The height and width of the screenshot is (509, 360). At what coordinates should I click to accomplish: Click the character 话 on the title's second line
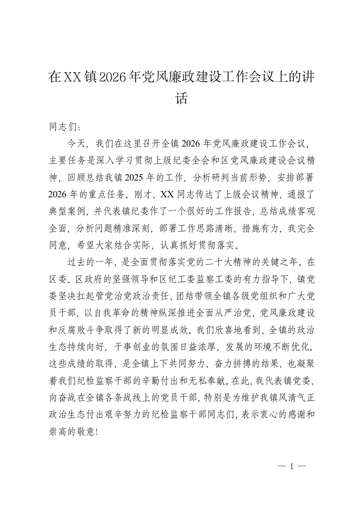tap(181, 98)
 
